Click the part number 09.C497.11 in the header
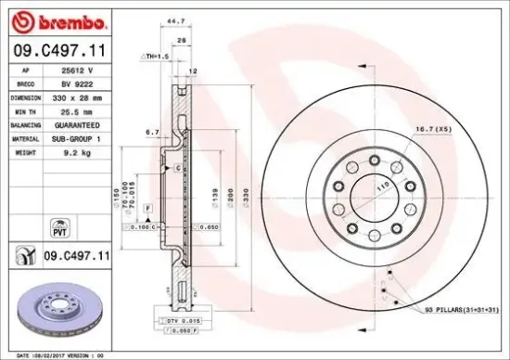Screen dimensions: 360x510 click(58, 51)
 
